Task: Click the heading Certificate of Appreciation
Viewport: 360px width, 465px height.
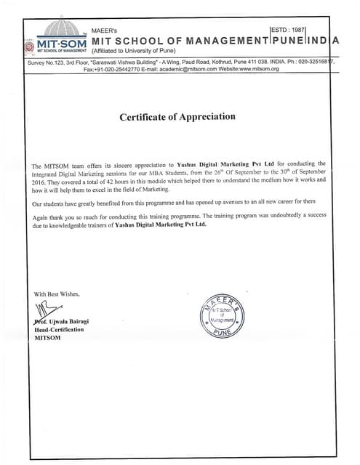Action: pos(177,116)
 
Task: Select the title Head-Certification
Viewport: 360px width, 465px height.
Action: pos(59,329)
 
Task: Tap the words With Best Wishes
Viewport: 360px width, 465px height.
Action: pos(57,294)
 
